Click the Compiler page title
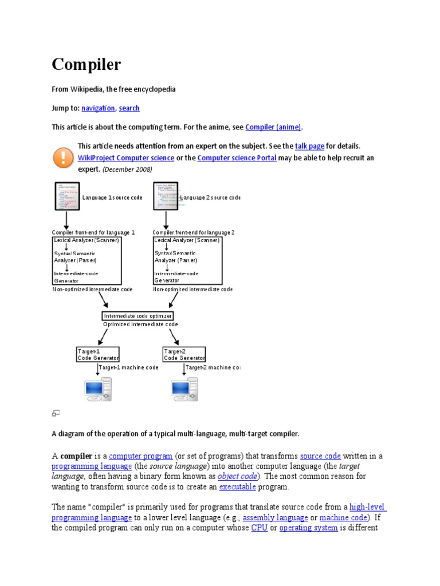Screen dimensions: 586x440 (x=87, y=65)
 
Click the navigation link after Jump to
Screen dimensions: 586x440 (x=98, y=108)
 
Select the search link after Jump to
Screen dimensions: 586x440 (x=129, y=108)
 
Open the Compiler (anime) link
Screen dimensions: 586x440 (x=273, y=127)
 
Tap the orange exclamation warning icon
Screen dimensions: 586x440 (x=63, y=157)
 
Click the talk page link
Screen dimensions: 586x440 (x=309, y=146)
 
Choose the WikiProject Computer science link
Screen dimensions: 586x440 (x=126, y=158)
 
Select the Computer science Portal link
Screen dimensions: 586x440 (x=237, y=158)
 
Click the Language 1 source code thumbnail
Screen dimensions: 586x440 (x=66, y=196)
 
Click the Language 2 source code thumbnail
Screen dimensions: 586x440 (x=166, y=196)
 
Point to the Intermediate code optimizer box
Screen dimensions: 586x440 (x=137, y=316)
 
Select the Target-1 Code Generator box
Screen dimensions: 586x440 (x=98, y=354)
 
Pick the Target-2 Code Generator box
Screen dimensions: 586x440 (x=184, y=354)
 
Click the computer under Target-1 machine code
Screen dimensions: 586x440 (x=98, y=389)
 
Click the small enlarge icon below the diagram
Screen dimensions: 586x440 (x=56, y=413)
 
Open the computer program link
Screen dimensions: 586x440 (x=141, y=456)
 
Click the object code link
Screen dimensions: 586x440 (x=238, y=476)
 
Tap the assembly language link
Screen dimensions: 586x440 (x=275, y=517)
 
